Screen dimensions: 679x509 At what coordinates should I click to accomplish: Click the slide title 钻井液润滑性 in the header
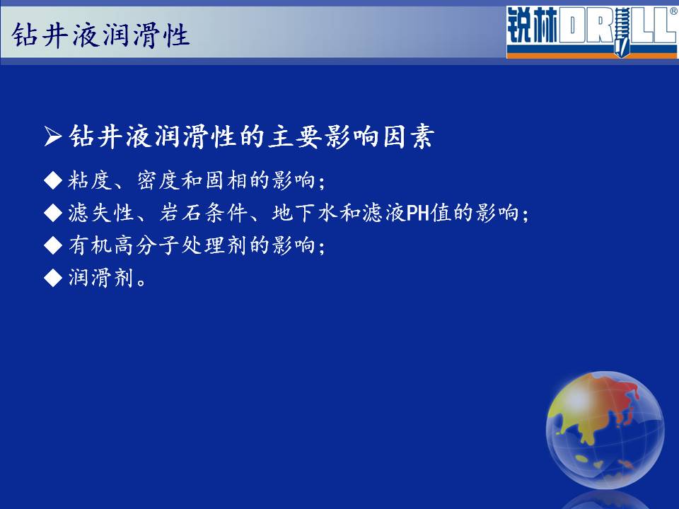click(100, 35)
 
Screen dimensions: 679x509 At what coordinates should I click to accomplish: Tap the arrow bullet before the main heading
click(53, 136)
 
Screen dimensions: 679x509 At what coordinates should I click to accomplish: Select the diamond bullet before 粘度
click(53, 180)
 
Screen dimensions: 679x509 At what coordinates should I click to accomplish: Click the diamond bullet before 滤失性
click(53, 213)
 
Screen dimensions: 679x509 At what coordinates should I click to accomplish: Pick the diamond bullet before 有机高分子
click(53, 245)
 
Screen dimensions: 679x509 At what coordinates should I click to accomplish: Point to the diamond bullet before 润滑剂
click(53, 277)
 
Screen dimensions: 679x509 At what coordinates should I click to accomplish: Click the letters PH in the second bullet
click(417, 213)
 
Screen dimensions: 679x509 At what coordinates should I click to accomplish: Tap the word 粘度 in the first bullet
click(90, 180)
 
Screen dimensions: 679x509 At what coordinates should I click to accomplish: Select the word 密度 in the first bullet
click(158, 180)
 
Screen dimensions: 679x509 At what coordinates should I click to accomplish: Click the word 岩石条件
click(203, 213)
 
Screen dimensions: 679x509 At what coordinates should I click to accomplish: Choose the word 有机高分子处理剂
click(158, 245)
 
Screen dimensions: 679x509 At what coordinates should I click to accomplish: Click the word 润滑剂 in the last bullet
click(101, 277)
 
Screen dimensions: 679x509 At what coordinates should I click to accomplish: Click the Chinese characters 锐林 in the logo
click(532, 26)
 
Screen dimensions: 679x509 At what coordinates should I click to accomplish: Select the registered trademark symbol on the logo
click(674, 12)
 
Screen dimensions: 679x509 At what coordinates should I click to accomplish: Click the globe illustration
click(605, 430)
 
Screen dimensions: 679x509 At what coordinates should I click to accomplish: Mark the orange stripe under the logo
click(591, 55)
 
